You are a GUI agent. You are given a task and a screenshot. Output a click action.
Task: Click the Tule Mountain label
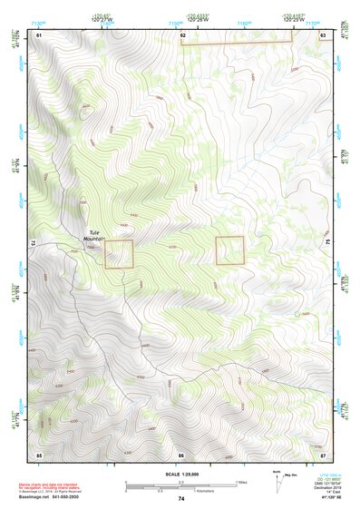94,234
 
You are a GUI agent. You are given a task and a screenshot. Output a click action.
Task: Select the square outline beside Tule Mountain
119,253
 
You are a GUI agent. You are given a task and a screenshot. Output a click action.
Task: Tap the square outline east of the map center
230,250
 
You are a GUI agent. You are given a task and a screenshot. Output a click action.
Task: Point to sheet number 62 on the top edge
183,34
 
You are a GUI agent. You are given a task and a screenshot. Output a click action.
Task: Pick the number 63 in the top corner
323,34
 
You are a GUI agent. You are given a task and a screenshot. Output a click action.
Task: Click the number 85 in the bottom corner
39,454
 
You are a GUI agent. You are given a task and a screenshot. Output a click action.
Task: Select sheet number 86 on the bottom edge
181,454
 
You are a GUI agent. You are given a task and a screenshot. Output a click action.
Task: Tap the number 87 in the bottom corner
324,454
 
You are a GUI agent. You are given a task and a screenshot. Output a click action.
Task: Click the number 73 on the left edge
33,243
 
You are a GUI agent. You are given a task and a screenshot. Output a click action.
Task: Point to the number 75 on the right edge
328,243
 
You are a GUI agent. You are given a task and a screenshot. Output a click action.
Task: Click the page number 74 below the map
181,499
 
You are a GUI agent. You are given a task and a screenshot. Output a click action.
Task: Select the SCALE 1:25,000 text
180,475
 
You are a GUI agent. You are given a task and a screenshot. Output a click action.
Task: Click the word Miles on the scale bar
240,482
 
